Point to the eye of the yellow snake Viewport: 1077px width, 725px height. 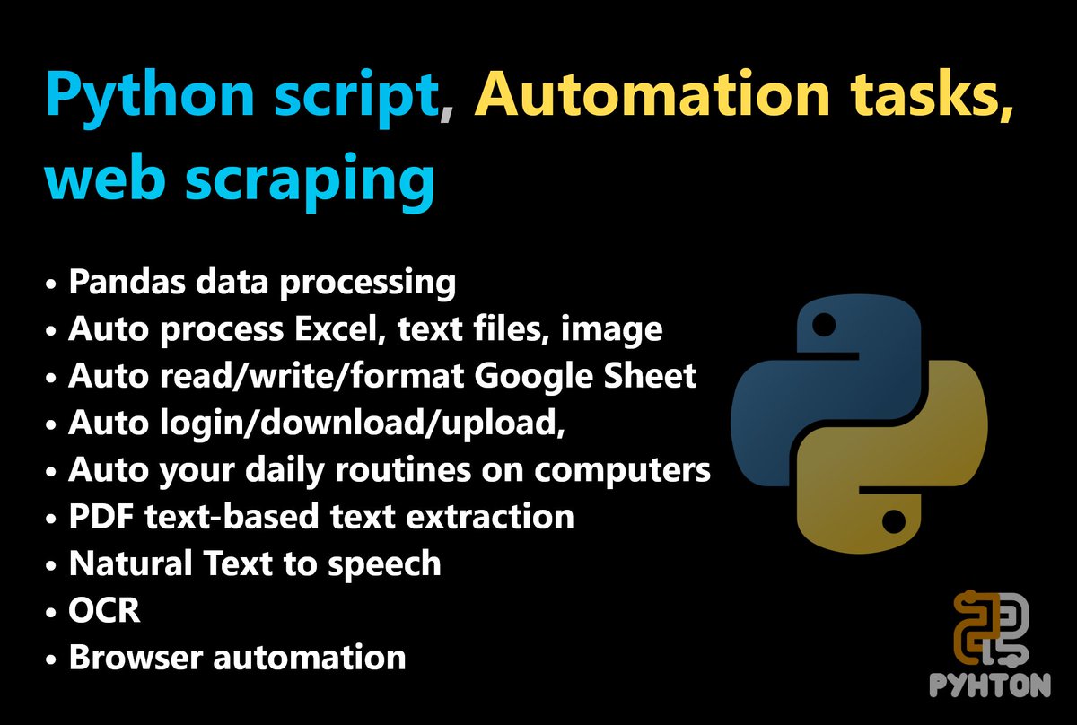coord(892,520)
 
